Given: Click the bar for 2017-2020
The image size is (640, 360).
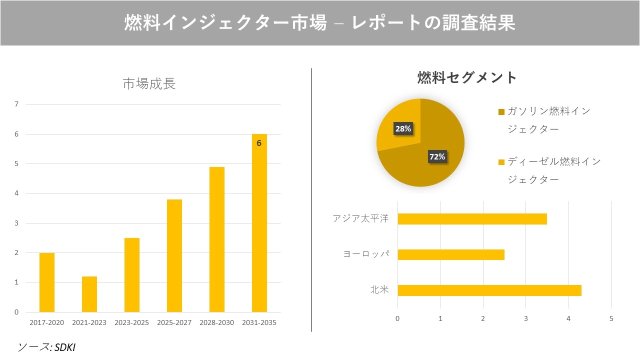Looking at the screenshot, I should tap(47, 282).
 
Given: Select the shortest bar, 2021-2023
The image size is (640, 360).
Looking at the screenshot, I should tap(89, 294).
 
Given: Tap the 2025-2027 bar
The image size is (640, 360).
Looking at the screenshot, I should tap(174, 255).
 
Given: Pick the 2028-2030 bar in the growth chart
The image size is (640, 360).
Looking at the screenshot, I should tap(217, 239).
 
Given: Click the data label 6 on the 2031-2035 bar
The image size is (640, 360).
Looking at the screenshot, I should tap(259, 143).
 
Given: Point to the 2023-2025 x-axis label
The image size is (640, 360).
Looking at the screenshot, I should tap(131, 322).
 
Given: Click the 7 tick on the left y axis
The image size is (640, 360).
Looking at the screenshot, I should tap(16, 104).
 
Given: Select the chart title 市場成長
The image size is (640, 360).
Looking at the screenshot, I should tap(149, 84).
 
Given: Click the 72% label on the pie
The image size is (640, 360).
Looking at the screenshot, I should tap(437, 156).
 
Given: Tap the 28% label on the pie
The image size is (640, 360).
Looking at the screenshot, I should tap(402, 128).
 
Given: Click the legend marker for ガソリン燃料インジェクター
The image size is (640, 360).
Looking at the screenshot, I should tap(501, 111).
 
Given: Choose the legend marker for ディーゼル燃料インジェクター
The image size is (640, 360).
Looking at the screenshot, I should tap(501, 162).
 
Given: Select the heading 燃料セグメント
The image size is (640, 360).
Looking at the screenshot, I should tap(467, 77).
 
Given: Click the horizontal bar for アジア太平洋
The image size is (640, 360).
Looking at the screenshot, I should tap(472, 219).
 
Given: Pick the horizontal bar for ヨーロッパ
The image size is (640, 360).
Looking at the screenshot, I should tap(451, 254).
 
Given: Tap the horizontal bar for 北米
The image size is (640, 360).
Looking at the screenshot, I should tap(489, 290).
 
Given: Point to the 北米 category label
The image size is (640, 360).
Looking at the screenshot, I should tap(379, 290).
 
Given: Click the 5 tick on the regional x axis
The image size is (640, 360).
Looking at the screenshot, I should tap(611, 318).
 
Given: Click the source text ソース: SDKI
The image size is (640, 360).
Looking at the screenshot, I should tap(46, 346).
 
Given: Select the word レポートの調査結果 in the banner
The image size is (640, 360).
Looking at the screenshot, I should tap(433, 23).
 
